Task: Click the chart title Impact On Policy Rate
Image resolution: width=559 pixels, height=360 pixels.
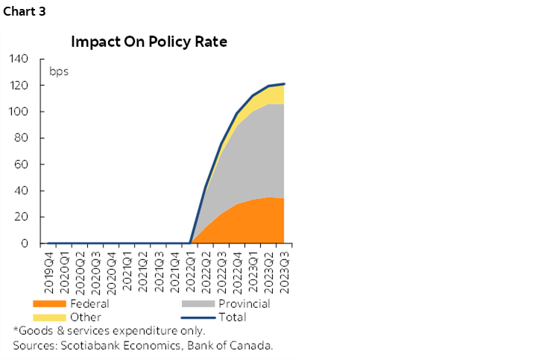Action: pos(149,42)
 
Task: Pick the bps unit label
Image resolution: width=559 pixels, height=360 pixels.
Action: pos(59,72)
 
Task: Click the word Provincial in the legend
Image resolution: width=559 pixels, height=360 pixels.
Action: pos(244,304)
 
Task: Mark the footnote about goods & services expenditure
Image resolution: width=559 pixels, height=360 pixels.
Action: pos(109,331)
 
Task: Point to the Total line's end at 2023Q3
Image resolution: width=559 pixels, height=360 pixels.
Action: pos(284,84)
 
